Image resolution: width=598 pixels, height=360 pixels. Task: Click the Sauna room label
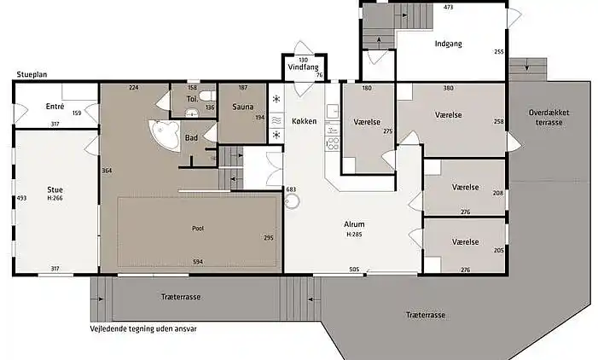(242, 107)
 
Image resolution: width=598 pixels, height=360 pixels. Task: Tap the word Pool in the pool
(198, 229)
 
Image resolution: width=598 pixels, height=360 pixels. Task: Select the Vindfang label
(303, 67)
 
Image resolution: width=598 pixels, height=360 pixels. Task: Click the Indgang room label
(448, 44)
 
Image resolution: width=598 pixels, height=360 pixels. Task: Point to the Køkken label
(304, 121)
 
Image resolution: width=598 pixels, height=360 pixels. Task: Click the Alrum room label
(354, 224)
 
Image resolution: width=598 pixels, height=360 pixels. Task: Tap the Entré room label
(55, 107)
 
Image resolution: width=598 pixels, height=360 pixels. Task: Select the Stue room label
(55, 189)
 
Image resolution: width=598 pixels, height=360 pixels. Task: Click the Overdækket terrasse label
(549, 118)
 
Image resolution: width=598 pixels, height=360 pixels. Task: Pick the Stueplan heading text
(32, 74)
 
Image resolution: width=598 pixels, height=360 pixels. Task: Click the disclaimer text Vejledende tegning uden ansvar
(143, 328)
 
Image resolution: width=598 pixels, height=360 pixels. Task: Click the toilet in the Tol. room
(208, 95)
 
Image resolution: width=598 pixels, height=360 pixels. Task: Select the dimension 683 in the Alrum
(291, 189)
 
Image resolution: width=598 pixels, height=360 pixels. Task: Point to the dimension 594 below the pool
(198, 262)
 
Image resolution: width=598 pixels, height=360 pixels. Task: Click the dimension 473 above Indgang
(449, 7)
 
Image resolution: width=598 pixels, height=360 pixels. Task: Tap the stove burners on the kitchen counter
(333, 143)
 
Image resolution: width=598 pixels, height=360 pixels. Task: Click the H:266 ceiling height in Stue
(55, 198)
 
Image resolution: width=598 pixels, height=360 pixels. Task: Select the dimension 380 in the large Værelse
(449, 88)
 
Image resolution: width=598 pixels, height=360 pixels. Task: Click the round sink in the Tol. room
(191, 113)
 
